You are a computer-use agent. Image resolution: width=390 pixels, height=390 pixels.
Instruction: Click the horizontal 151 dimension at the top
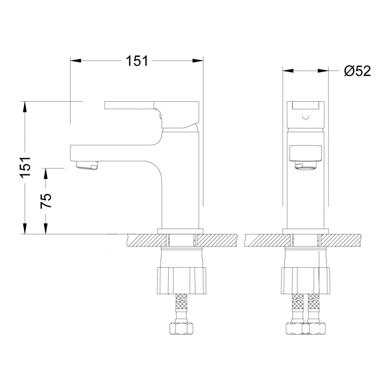137,61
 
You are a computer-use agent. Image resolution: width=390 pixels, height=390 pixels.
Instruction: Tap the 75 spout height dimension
46,200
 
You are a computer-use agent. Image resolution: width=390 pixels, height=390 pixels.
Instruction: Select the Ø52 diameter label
357,71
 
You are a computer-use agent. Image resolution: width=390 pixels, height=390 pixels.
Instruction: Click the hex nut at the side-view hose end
181,328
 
